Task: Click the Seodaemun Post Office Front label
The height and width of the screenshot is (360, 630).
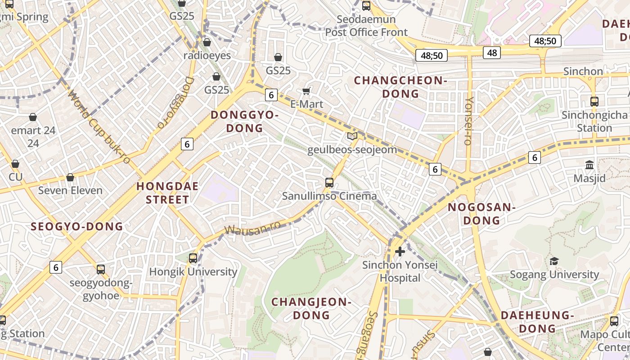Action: [366, 26]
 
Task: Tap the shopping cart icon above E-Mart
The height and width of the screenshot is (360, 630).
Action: [306, 91]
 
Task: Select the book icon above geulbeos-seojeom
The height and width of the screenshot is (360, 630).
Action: [352, 136]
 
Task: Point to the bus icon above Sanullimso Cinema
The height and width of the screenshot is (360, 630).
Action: [329, 182]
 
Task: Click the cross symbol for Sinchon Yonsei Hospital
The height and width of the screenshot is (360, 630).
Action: [400, 251]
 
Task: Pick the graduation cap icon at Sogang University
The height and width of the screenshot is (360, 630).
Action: [554, 261]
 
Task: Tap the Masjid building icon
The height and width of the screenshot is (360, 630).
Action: [589, 165]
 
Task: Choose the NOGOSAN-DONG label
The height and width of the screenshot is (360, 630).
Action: [481, 214]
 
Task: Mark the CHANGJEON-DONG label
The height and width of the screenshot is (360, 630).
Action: [311, 308]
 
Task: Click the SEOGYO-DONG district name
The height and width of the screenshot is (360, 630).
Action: [76, 226]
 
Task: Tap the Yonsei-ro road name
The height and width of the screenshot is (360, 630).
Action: [468, 121]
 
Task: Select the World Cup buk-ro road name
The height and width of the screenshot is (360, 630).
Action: [99, 127]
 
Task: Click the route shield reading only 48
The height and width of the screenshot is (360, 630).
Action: [492, 53]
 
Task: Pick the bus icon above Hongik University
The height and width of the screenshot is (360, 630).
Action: [193, 258]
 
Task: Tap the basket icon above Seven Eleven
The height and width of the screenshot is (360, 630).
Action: [70, 177]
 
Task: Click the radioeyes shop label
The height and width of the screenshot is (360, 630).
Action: [207, 55]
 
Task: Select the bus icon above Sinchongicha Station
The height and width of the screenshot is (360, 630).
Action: [594, 101]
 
